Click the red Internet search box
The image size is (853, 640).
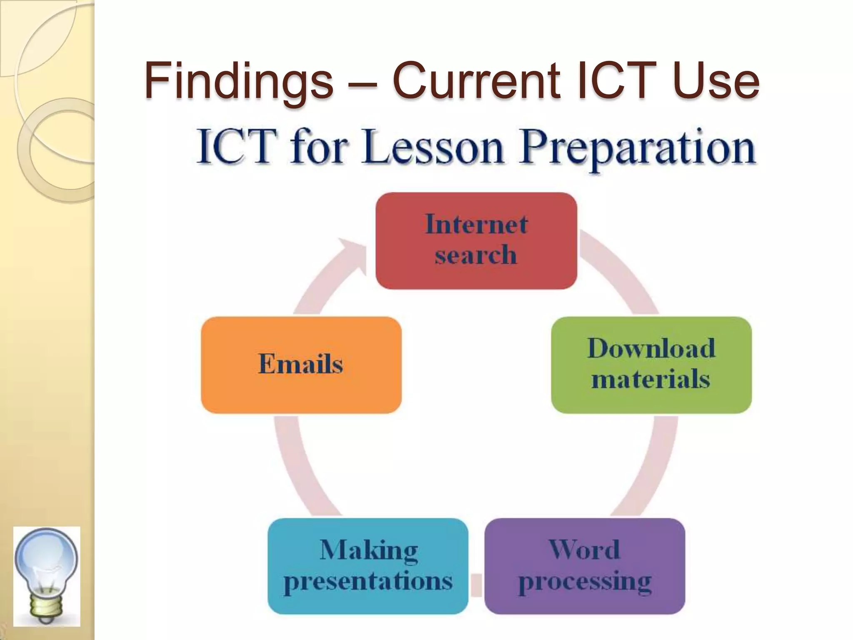(476, 240)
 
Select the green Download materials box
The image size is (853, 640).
(651, 365)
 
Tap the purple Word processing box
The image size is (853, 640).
(584, 565)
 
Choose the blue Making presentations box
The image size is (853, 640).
(368, 565)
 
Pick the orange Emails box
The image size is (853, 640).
(301, 365)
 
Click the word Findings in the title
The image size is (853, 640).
(239, 80)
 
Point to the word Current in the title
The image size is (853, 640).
(477, 80)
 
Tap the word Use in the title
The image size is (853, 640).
(716, 80)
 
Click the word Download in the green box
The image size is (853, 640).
(651, 348)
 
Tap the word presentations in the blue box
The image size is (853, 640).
(368, 582)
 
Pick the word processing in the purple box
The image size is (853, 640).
(584, 582)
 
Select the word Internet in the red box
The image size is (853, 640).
(476, 225)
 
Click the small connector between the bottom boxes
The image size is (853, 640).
(476, 585)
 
